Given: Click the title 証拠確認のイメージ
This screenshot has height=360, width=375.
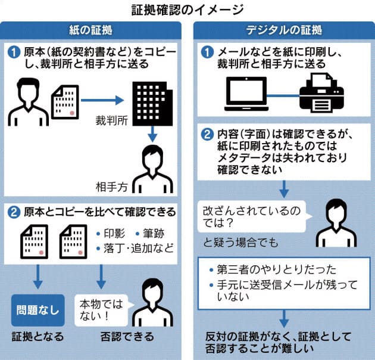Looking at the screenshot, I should point(187,10).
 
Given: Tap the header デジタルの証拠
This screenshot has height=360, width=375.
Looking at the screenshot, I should point(284,30).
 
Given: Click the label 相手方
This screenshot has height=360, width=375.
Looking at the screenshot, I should point(112,186).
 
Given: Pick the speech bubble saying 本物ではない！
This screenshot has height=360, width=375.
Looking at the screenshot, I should point(98,310).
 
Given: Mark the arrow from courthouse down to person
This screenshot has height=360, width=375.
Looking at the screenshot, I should point(152,134).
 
